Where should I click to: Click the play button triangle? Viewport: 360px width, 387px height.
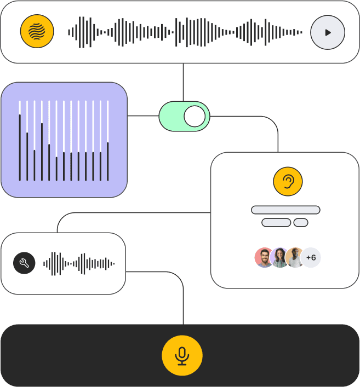328,33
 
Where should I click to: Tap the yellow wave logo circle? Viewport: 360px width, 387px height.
37,31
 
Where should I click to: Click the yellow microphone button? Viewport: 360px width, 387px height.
182,355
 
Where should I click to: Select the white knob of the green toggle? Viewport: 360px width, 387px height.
195,116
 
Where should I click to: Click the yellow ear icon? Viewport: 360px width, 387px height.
288,181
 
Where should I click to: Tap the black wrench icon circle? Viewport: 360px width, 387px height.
24,263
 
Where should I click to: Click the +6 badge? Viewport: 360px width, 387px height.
311,257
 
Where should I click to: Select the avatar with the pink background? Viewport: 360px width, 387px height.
264,257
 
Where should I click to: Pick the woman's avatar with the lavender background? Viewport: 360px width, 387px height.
279,257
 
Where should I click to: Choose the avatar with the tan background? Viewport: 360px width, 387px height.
295,257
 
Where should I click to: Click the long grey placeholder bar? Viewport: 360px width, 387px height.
285,210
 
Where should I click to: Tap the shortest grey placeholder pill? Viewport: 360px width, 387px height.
301,222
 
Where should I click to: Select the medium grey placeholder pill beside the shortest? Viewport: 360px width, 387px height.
276,222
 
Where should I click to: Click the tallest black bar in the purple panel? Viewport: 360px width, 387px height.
20,148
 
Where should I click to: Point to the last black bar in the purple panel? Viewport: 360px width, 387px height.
108,161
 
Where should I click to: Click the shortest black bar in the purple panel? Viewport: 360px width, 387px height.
56,169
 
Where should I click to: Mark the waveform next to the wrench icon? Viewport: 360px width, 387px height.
79,264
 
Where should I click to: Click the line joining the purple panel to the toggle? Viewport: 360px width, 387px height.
143,115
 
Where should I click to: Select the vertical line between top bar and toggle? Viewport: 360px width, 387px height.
184,82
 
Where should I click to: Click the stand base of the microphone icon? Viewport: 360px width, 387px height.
182,364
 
